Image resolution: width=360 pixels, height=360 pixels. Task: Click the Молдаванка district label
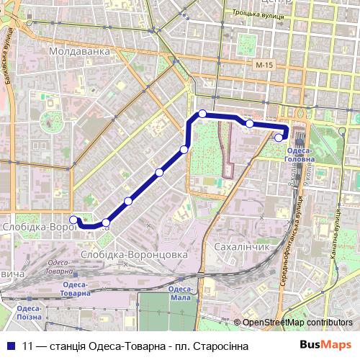[79, 52]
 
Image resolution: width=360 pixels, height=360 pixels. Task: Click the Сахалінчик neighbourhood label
[242, 246]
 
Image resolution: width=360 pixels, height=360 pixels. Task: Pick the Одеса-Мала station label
[179, 292]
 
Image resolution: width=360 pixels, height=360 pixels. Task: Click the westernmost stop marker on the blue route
[73, 220]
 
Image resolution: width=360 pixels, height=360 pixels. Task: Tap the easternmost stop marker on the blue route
[279, 138]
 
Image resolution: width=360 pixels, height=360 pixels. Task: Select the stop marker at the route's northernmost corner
[203, 113]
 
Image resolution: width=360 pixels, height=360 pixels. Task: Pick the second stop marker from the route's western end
[106, 222]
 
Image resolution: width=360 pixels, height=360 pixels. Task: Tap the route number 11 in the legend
[27, 346]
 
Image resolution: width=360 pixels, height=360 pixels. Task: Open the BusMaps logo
[325, 345]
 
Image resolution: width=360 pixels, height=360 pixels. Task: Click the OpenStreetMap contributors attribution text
[297, 323]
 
